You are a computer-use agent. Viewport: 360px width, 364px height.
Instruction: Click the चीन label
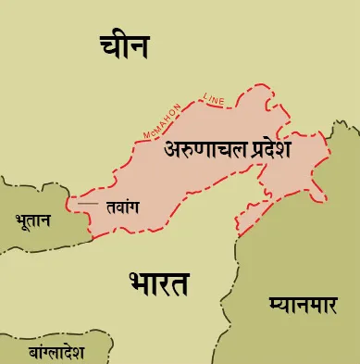pos(125,45)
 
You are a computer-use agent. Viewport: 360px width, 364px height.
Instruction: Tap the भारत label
pos(159,282)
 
